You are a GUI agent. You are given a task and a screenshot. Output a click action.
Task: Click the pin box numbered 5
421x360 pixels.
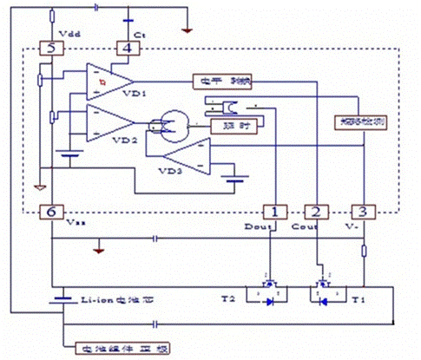tap(50, 49)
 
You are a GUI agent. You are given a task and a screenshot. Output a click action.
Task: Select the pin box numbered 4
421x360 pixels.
tap(128, 49)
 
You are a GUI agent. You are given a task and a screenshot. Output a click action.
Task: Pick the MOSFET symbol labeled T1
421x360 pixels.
tap(326, 295)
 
